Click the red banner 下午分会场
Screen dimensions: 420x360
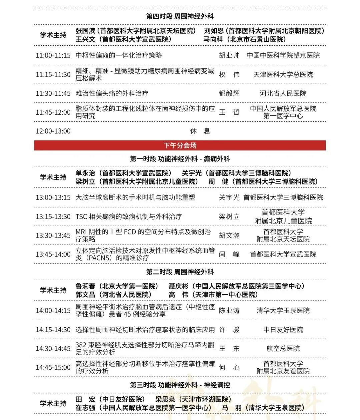coord(180,145)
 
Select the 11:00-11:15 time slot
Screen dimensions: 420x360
coord(53,55)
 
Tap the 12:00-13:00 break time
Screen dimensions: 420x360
coord(53,131)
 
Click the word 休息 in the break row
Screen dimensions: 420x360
coord(200,131)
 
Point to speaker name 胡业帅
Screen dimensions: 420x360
coord(229,55)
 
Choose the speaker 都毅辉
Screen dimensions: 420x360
coord(229,93)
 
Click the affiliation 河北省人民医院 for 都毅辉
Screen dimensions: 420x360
coord(283,93)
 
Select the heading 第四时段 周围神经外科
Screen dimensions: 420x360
coord(180,16)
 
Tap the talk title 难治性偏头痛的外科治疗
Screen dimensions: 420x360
coord(112,93)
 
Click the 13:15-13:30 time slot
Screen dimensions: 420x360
coord(53,217)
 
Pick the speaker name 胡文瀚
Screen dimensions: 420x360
coord(229,235)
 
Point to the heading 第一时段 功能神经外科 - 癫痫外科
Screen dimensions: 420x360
coord(180,159)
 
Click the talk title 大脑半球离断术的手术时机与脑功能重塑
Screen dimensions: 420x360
coord(135,197)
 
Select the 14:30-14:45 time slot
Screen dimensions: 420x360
coord(53,349)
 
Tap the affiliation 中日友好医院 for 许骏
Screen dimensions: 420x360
coord(283,330)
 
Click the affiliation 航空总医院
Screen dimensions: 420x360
coord(283,349)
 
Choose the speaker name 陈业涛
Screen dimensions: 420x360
coord(229,311)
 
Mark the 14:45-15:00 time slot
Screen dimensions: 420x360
coord(53,367)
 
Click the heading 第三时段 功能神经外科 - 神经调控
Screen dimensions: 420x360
coord(180,385)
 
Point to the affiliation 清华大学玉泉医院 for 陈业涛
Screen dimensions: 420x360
coord(283,311)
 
